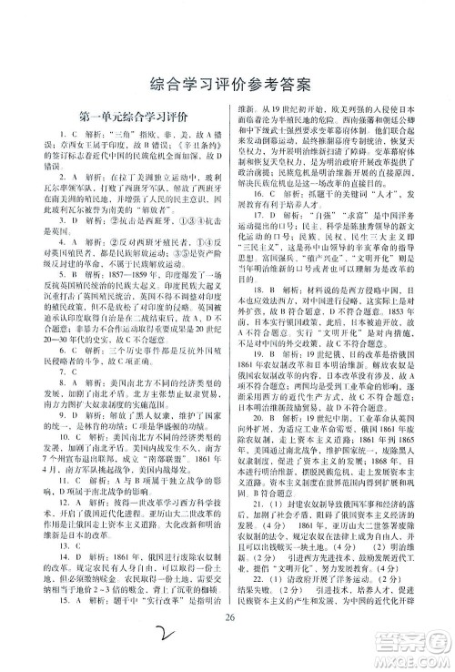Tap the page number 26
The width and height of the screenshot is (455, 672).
tap(227, 624)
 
